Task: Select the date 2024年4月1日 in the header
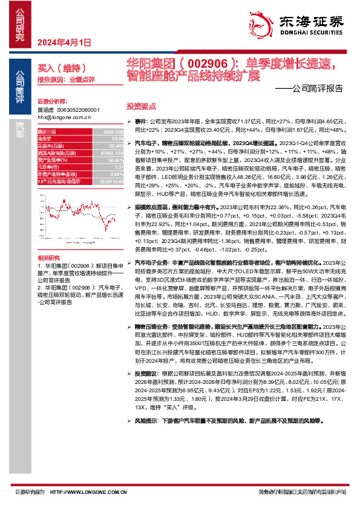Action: click(x=64, y=42)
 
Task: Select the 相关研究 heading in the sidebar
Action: click(x=48, y=257)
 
